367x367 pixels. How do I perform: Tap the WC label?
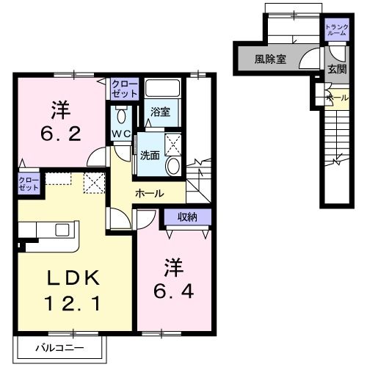click(x=120, y=134)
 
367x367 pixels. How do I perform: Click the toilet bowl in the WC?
click(x=122, y=115)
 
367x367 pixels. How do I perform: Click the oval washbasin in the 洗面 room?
click(x=173, y=167)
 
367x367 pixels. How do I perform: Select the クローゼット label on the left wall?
click(x=29, y=183)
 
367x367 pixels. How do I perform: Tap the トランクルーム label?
click(x=338, y=30)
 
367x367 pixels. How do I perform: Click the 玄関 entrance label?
click(x=337, y=69)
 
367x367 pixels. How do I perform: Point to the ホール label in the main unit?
click(x=149, y=192)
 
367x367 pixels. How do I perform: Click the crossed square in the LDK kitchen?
click(x=93, y=183)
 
